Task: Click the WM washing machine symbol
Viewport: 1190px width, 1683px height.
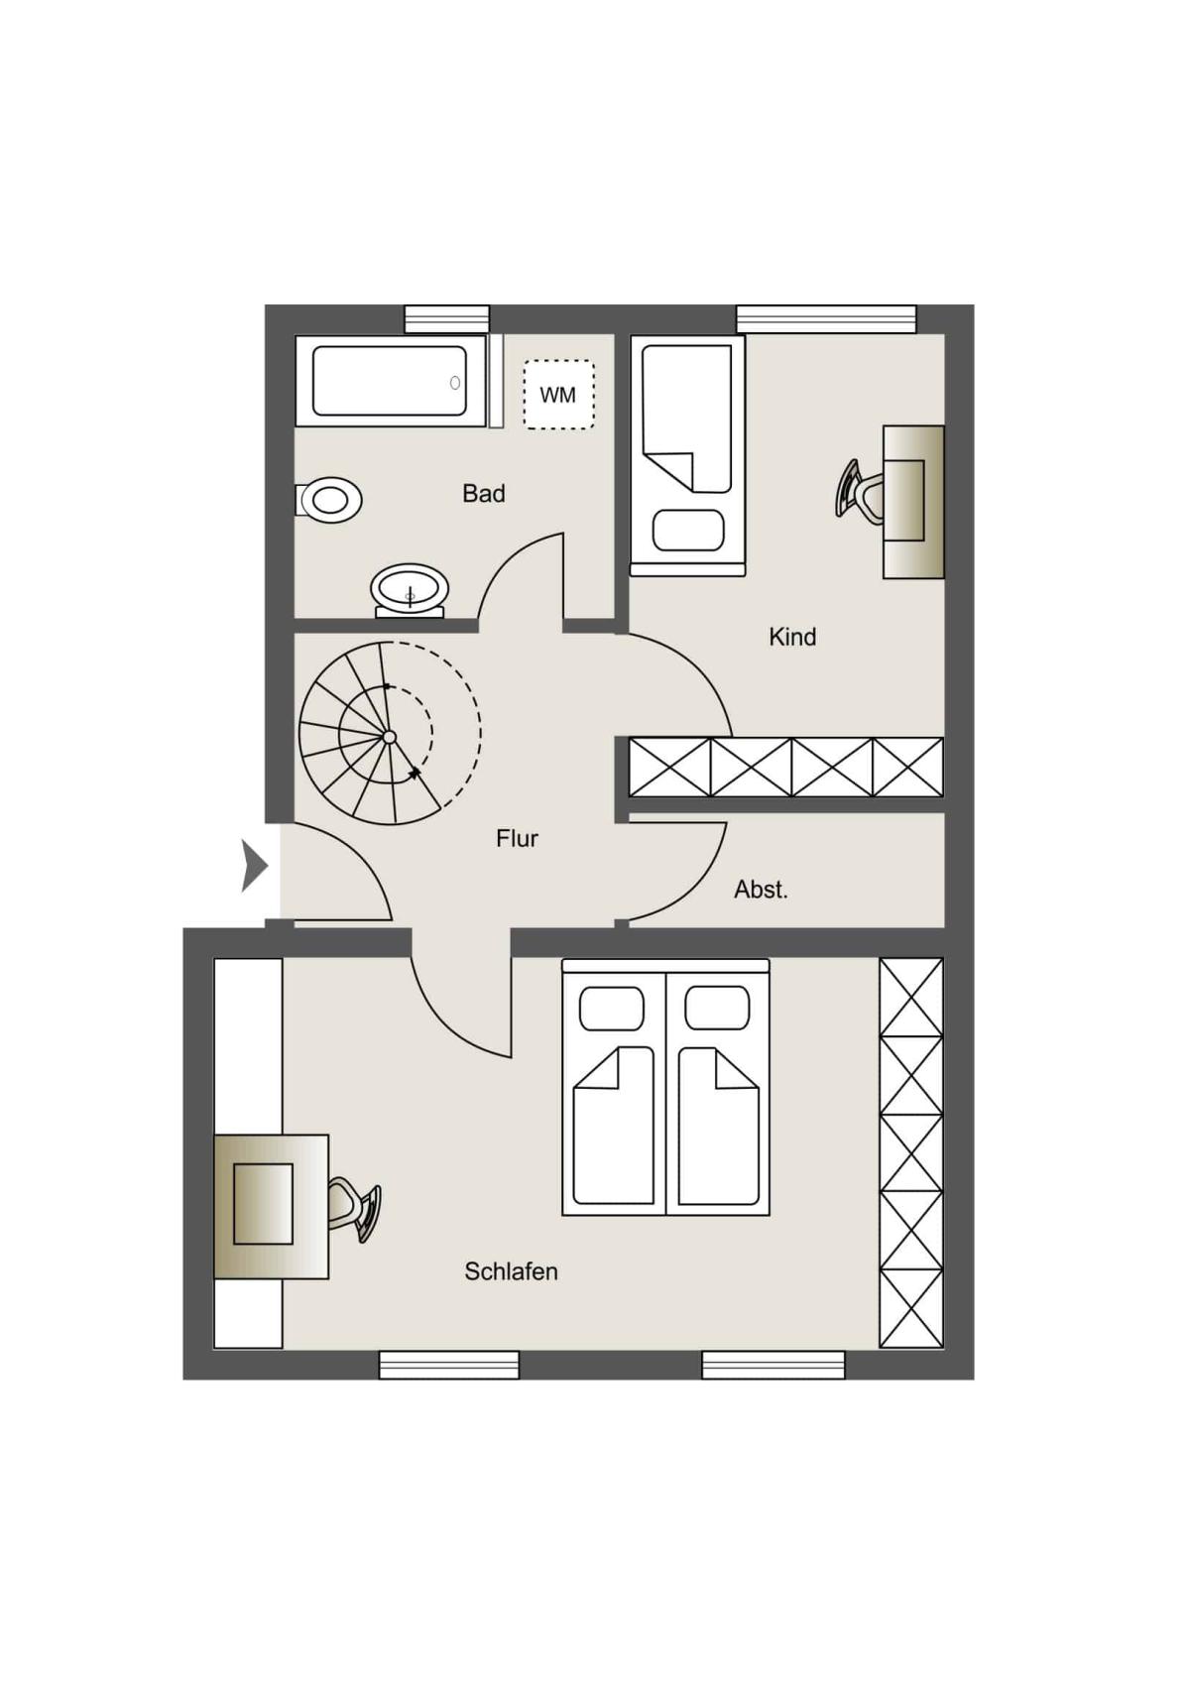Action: click(x=559, y=395)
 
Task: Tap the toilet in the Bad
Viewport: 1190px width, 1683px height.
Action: click(x=329, y=500)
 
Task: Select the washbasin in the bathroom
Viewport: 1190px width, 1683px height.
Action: click(x=410, y=590)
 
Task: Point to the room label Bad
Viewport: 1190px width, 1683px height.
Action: click(x=484, y=494)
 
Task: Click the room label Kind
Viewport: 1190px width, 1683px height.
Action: click(x=791, y=637)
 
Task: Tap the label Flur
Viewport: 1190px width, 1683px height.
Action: click(x=517, y=838)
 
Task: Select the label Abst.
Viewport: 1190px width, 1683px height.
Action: click(x=761, y=890)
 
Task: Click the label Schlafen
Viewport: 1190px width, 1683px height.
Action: click(x=511, y=1271)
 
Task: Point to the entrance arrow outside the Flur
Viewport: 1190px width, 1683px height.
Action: click(x=254, y=867)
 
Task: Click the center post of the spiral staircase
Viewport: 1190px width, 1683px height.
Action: click(x=389, y=737)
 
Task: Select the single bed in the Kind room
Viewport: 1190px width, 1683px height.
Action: click(x=687, y=455)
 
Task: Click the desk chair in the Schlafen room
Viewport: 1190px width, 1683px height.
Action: click(x=355, y=1209)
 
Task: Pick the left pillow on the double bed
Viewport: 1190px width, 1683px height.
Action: click(x=612, y=1008)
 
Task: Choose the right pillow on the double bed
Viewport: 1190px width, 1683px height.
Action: click(x=717, y=1008)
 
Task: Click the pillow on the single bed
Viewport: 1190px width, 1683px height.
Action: click(x=688, y=531)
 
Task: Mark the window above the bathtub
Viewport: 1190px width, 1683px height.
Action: click(x=447, y=318)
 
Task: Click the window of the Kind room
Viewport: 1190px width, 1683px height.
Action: click(x=826, y=318)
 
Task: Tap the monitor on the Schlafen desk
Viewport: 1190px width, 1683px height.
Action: click(x=263, y=1204)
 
